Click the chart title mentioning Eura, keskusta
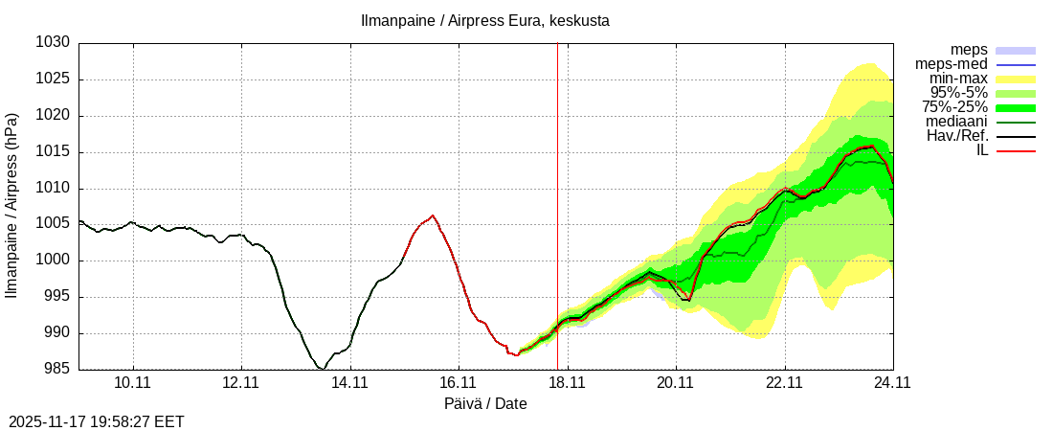484,20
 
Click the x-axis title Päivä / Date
485,403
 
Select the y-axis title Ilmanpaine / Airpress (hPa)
11,206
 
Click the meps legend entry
969,50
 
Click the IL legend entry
981,150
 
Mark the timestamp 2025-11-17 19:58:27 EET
97,421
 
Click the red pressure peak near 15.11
433,215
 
